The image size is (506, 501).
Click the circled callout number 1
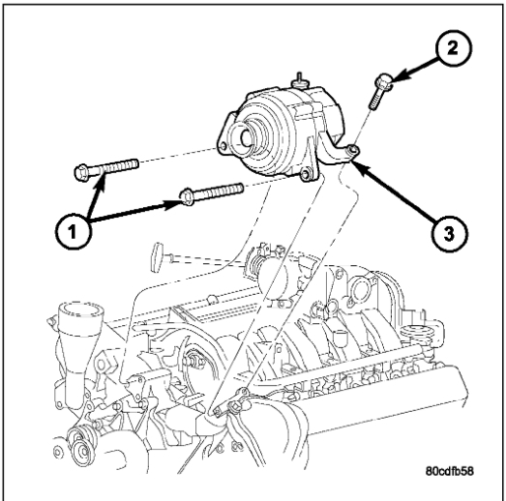(x=74, y=231)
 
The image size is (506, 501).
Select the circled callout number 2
(x=453, y=48)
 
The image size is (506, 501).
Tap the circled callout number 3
(x=449, y=233)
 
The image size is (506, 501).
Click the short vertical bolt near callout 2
(x=381, y=92)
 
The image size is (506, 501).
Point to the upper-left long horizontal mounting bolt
(x=106, y=167)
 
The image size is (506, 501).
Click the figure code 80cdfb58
(x=450, y=471)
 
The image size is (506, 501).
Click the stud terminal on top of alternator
(x=300, y=80)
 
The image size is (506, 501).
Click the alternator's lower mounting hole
(x=306, y=174)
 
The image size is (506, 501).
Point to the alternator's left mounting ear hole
(x=223, y=147)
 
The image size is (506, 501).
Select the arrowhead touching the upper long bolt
(x=101, y=181)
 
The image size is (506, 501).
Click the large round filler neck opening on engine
(x=80, y=310)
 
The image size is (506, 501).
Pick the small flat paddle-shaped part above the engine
(x=158, y=255)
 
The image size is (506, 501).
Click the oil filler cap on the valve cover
(x=414, y=332)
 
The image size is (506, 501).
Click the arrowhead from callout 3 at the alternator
(x=358, y=166)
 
